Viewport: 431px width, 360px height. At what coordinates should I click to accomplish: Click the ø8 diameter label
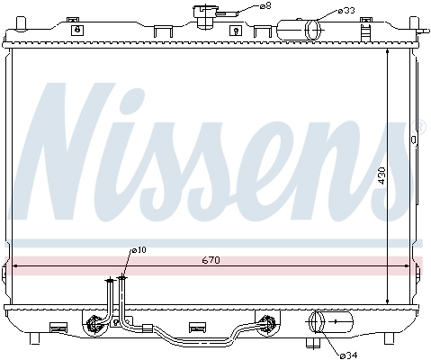point(265,5)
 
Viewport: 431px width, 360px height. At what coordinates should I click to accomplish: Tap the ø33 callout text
point(346,11)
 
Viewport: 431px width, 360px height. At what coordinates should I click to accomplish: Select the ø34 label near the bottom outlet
point(348,355)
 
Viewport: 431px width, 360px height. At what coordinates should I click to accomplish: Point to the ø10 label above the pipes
point(139,250)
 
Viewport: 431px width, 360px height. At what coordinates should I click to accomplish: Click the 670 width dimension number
point(211,260)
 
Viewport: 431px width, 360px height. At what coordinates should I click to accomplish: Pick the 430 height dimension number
point(382,175)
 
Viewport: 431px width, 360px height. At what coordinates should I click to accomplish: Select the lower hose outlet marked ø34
point(331,322)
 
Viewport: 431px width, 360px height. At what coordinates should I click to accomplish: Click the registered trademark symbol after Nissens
point(420,127)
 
